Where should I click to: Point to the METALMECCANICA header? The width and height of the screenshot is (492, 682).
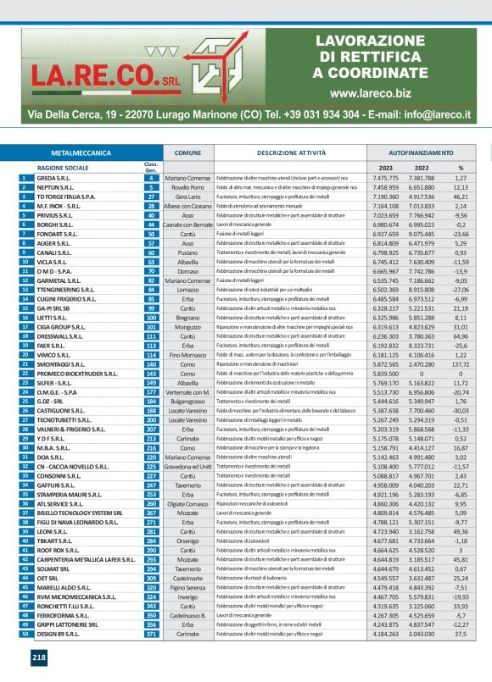[81, 152]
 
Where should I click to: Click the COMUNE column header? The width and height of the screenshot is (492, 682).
[182, 152]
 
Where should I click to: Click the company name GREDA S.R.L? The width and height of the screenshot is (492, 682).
[48, 179]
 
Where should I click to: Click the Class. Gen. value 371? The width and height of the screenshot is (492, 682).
[151, 635]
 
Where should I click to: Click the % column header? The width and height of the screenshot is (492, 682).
[461, 168]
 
